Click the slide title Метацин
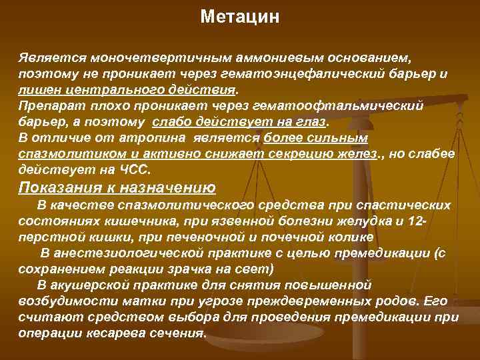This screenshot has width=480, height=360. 239,17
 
